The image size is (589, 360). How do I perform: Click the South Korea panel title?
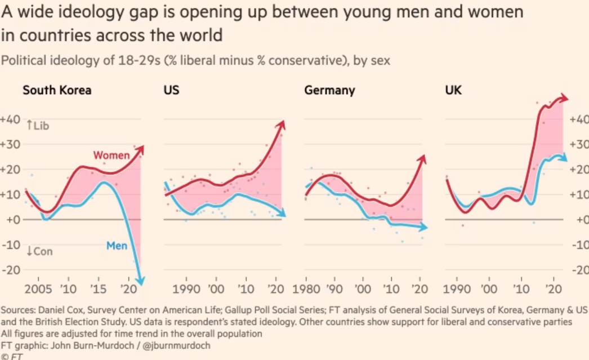(x=56, y=90)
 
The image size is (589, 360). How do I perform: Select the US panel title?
(x=171, y=90)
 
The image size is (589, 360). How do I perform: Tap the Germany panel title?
(x=329, y=90)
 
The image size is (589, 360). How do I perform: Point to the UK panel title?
(x=453, y=90)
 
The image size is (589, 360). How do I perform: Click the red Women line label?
(x=111, y=155)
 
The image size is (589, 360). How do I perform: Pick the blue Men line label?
(x=117, y=246)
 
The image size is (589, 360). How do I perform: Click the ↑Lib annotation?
(x=38, y=126)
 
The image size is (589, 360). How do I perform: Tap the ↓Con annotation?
(x=39, y=251)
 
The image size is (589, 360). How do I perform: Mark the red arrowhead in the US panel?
(x=282, y=123)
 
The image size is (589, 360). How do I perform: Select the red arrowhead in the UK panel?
(x=565, y=99)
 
